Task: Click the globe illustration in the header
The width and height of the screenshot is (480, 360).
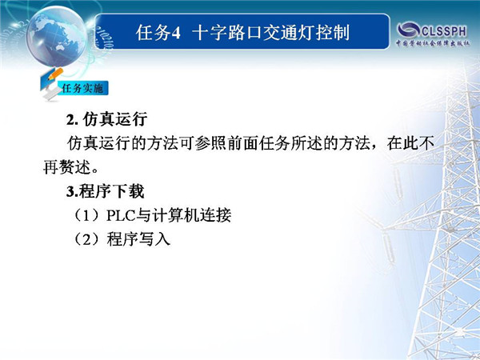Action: coord(57,36)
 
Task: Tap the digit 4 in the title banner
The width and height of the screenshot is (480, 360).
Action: coord(176,33)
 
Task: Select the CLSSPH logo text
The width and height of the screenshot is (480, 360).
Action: coord(444,30)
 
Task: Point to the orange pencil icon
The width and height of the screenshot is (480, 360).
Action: coord(55,74)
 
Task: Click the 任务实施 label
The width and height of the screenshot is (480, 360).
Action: coord(82,89)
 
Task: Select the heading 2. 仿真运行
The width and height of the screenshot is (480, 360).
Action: coord(107,119)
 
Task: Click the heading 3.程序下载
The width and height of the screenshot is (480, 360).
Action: coord(105,191)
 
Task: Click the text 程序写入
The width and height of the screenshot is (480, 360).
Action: coord(138,239)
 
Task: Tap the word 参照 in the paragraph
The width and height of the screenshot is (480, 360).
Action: coord(210,143)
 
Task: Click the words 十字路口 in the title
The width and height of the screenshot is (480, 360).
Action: coord(227,33)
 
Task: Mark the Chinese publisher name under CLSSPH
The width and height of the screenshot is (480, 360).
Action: coord(433,43)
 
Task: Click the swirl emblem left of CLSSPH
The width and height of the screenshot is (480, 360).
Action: coord(408,30)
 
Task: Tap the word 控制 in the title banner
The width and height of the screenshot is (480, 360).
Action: coord(333,33)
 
